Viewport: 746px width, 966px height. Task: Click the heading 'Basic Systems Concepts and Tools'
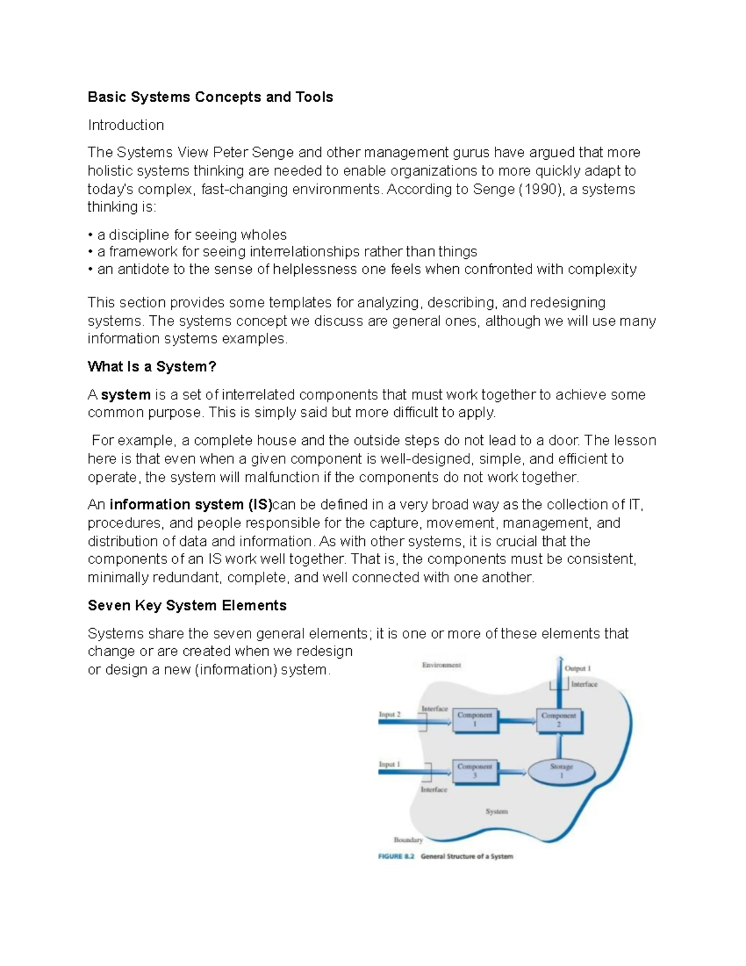[210, 97]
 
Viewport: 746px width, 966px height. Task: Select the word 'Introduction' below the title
[126, 125]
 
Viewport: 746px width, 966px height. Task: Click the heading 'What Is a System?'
[152, 367]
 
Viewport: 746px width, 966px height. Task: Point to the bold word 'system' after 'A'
[126, 395]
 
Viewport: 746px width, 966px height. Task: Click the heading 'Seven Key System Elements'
[187, 606]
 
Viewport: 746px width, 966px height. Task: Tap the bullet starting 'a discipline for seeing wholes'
[187, 235]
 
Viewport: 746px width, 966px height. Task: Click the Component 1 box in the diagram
[475, 720]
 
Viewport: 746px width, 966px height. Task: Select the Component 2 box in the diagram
[559, 720]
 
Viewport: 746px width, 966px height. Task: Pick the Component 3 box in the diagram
[475, 772]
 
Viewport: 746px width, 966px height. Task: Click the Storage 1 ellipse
[561, 772]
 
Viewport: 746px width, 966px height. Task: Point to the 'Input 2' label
[390, 715]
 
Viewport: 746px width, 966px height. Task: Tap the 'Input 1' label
[390, 764]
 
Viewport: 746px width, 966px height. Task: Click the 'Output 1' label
[578, 668]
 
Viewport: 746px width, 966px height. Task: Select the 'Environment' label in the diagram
[441, 665]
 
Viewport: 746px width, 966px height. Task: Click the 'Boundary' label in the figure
[408, 840]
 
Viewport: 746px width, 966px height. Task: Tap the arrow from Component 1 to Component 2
[517, 721]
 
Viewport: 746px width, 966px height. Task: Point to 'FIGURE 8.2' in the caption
[396, 857]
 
